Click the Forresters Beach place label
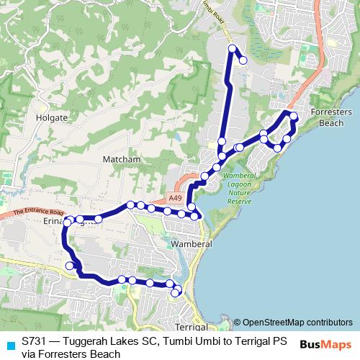331,118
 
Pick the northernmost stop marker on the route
233,48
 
